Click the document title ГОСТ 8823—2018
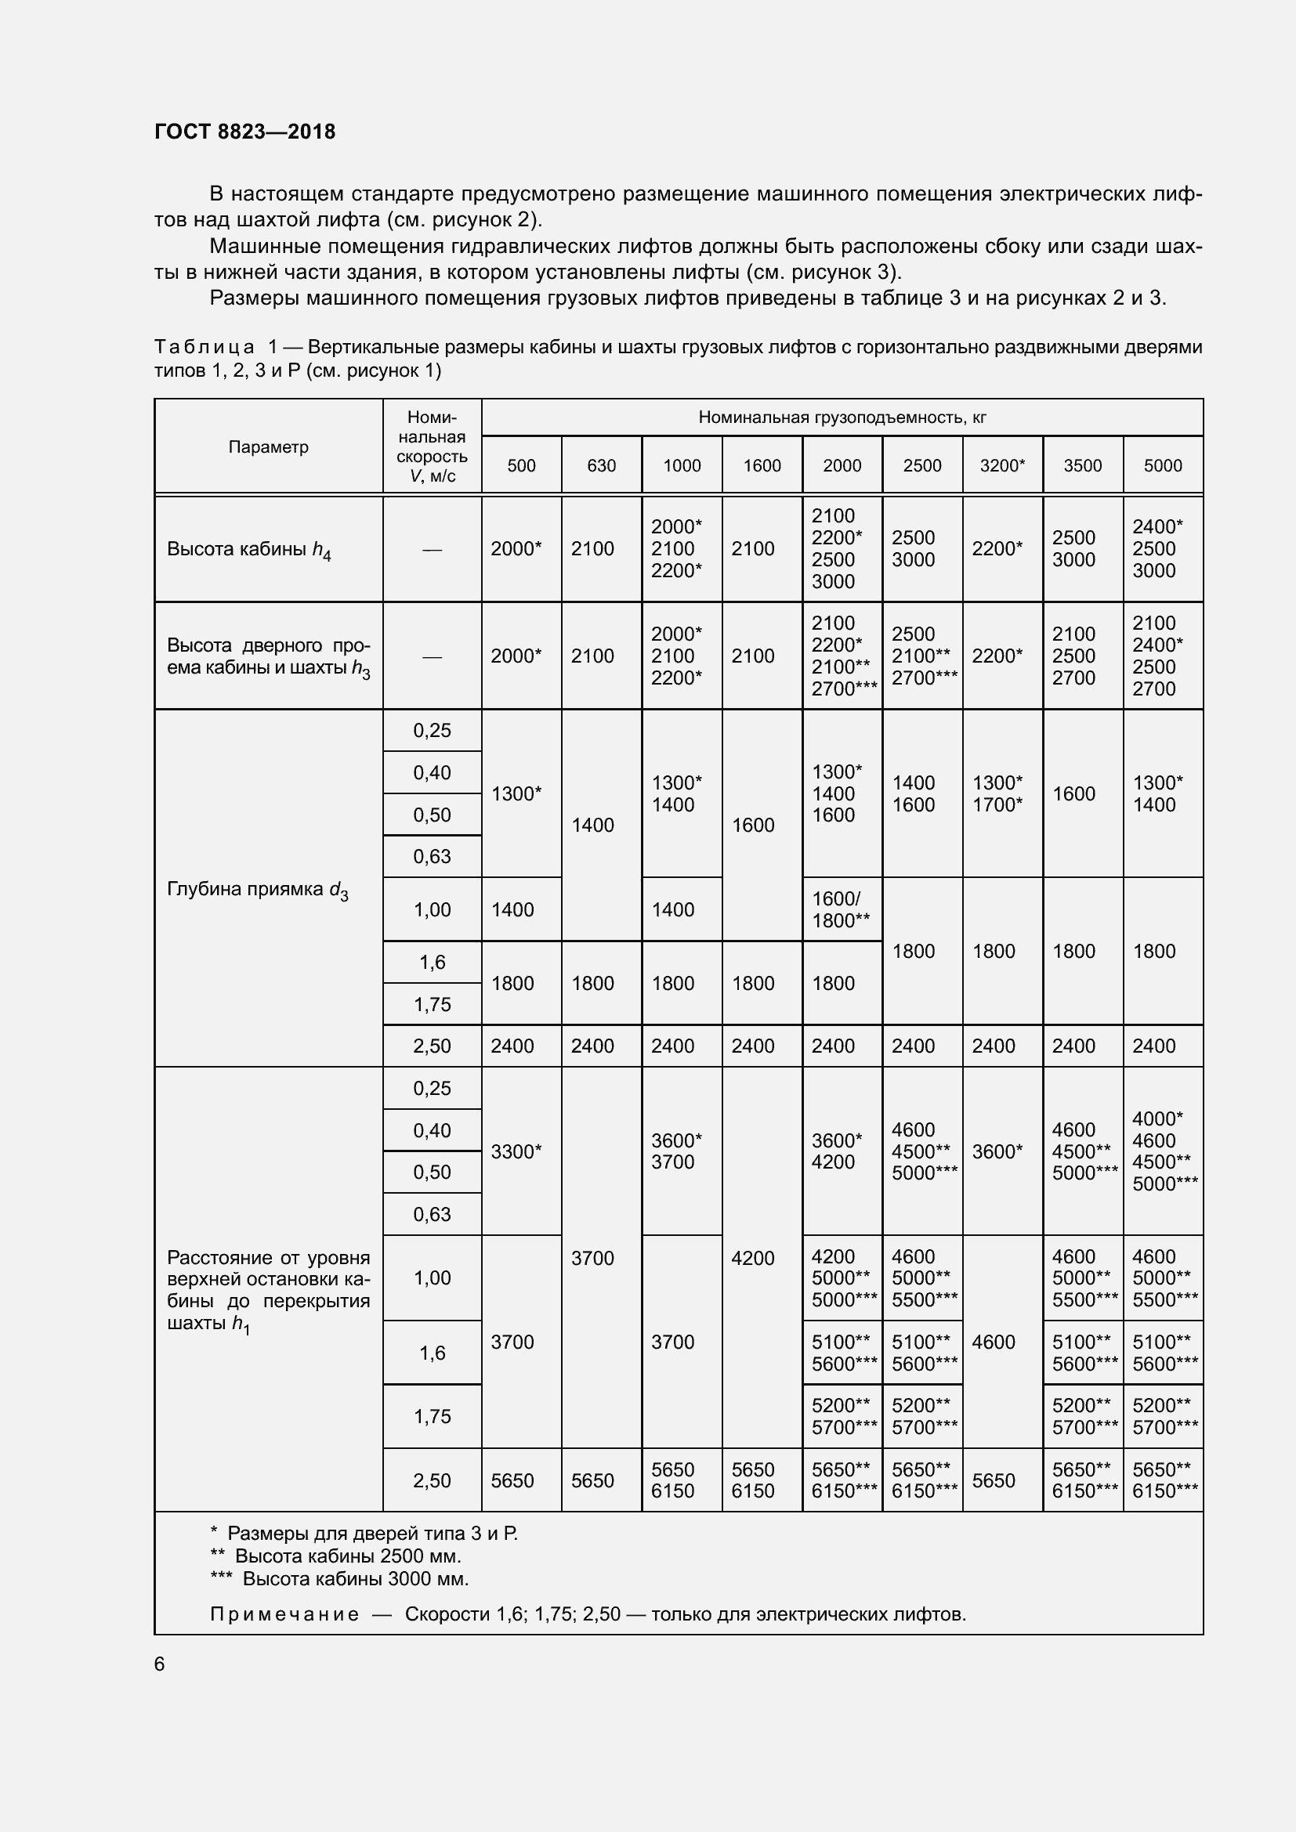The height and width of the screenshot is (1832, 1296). pyautogui.click(x=245, y=132)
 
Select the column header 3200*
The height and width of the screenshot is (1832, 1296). pyautogui.click(x=1001, y=465)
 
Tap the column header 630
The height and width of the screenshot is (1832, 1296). pyautogui.click(x=601, y=465)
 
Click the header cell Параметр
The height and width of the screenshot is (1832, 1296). pyautogui.click(x=268, y=446)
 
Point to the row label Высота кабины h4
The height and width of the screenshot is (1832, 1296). pyautogui.click(x=249, y=550)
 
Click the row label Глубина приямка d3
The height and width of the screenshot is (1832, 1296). pyautogui.click(x=258, y=890)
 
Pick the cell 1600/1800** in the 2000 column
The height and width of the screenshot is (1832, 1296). pyautogui.click(x=840, y=909)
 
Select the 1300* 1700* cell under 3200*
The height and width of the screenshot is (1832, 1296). pyautogui.click(x=997, y=793)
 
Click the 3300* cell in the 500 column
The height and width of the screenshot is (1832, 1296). pyautogui.click(x=516, y=1151)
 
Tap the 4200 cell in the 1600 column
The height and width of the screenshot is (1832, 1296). pyautogui.click(x=752, y=1259)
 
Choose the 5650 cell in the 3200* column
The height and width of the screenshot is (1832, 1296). pyautogui.click(x=994, y=1481)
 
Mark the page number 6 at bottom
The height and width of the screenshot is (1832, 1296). pyautogui.click(x=160, y=1664)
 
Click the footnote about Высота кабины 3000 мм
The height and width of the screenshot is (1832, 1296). pyautogui.click(x=339, y=1578)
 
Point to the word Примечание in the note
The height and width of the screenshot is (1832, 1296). pyautogui.click(x=284, y=1614)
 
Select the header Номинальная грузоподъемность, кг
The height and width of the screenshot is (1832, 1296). pyautogui.click(x=842, y=417)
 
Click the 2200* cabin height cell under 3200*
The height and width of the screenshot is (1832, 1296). pyautogui.click(x=997, y=549)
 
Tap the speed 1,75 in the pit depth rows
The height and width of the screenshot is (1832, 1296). pyautogui.click(x=432, y=1005)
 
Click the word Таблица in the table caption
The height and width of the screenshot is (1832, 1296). pyautogui.click(x=205, y=347)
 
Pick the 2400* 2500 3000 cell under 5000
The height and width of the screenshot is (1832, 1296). pyautogui.click(x=1157, y=549)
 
